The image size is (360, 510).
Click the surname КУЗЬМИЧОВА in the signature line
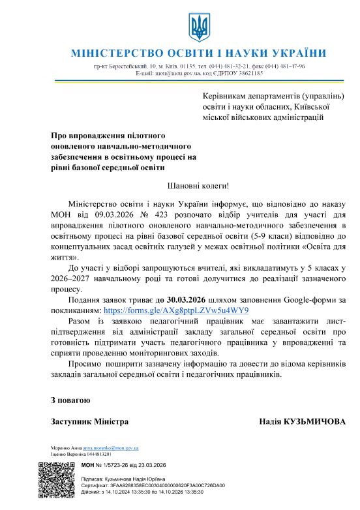tap(315, 422)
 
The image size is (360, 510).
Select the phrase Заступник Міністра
tap(89, 422)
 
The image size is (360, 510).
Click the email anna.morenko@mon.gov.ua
tap(112, 448)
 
